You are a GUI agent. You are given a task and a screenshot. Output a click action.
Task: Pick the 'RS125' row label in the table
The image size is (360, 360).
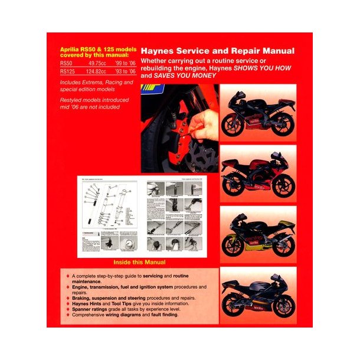click(68, 72)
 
